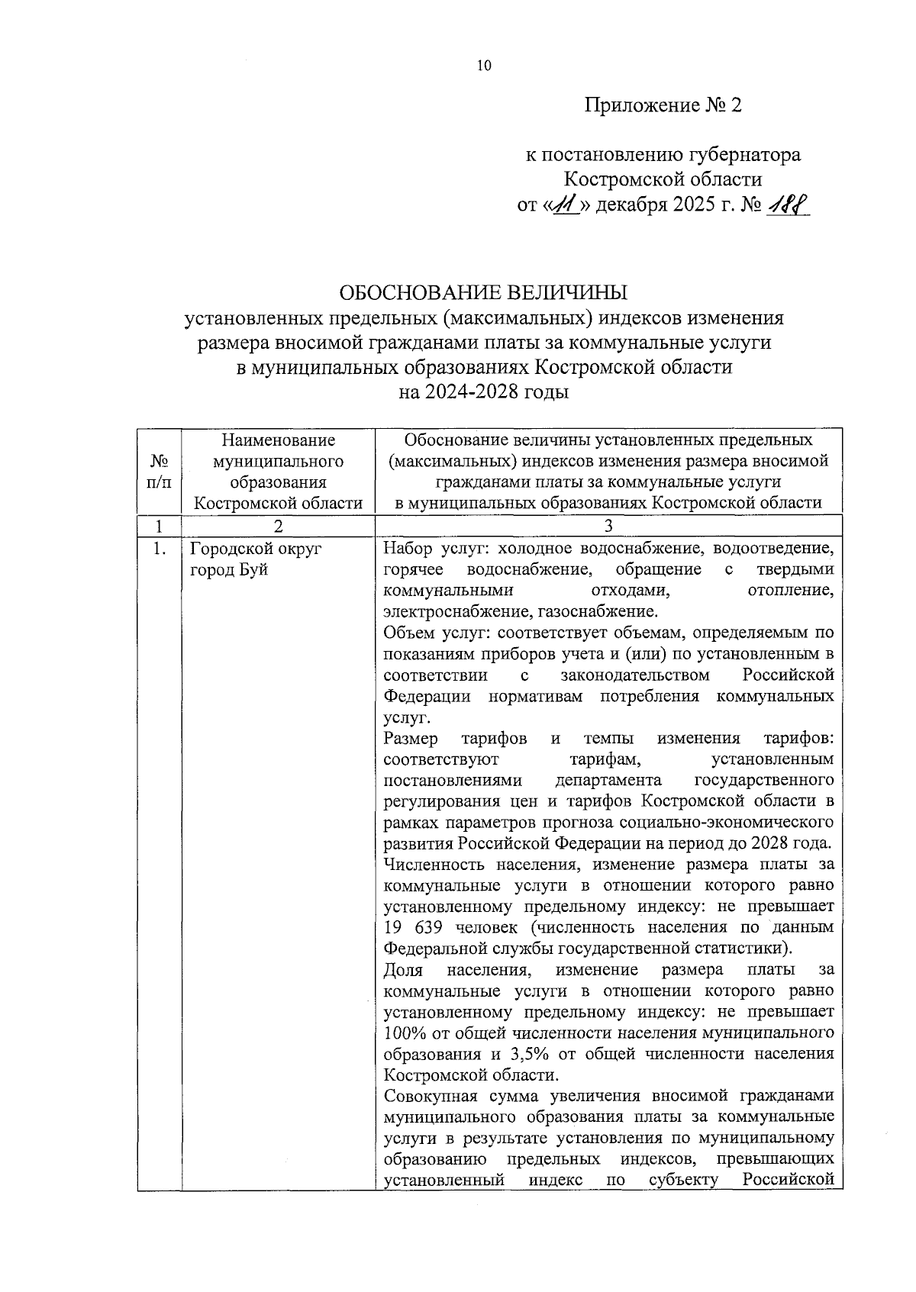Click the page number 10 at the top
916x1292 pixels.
click(x=484, y=66)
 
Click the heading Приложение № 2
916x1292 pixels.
click(x=663, y=105)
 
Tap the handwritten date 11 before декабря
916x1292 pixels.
click(x=567, y=205)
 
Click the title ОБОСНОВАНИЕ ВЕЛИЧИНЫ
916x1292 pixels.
click(x=483, y=292)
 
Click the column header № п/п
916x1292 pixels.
click(x=159, y=472)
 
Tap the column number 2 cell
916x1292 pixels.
click(x=278, y=525)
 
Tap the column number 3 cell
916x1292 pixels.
click(x=608, y=525)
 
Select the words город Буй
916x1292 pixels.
click(x=228, y=569)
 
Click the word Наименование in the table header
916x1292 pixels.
click(x=278, y=440)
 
